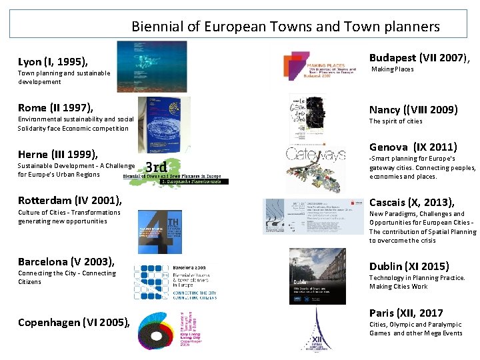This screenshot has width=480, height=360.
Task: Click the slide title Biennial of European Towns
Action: [285, 27]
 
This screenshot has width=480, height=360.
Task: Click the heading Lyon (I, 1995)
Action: [53, 62]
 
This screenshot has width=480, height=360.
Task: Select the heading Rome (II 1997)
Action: [55, 107]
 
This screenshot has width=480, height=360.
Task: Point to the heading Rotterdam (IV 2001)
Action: [70, 200]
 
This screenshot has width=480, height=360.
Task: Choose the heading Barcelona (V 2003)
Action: [66, 261]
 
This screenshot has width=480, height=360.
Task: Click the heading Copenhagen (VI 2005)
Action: [73, 323]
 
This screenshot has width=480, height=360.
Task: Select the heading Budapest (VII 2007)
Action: [420, 57]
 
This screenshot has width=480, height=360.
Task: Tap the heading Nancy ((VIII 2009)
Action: [413, 109]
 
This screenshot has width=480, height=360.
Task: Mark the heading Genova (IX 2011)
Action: [413, 147]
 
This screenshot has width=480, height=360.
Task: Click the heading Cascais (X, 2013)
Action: [412, 202]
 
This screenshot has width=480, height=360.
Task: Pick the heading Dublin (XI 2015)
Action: [409, 266]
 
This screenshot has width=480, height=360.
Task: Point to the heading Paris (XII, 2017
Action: [406, 313]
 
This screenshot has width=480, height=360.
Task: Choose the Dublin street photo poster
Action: [317, 276]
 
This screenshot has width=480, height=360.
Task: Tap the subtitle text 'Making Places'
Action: [392, 69]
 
